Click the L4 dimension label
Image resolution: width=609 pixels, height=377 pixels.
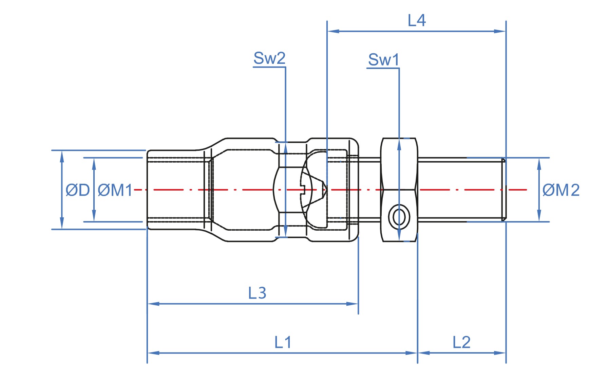[x=416, y=21]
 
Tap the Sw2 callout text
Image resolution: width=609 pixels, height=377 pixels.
[x=269, y=58]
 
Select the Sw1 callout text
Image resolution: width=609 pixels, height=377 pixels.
[x=383, y=60]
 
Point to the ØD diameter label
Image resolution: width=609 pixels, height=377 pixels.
[x=78, y=190]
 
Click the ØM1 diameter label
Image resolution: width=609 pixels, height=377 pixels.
[x=115, y=190]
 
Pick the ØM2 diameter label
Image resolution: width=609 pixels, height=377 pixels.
[x=561, y=190]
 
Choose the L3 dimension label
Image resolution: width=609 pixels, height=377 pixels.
[x=257, y=293]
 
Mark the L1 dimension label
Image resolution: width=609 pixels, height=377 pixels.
[x=283, y=342]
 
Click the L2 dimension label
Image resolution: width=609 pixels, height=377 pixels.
[x=461, y=342]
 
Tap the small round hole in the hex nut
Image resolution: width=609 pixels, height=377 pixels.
[x=399, y=216]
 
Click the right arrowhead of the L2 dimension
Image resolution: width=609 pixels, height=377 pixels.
[x=500, y=353]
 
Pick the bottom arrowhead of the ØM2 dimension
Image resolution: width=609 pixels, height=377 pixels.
[x=539, y=216]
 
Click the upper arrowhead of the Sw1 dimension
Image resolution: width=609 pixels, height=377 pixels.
[x=399, y=144]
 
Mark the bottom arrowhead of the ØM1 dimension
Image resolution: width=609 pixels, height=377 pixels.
[x=94, y=216]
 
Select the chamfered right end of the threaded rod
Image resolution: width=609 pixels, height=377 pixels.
[x=504, y=190]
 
